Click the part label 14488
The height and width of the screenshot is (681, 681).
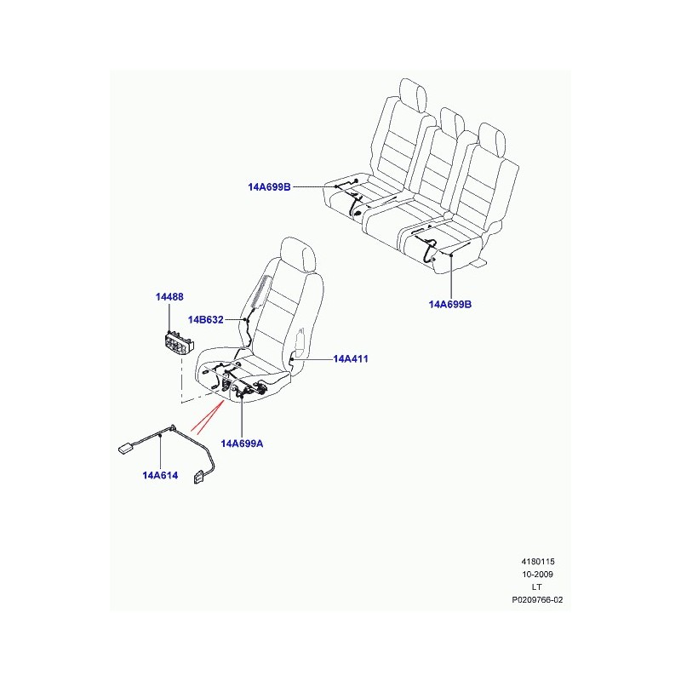169,297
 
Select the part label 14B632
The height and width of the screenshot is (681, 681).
205,320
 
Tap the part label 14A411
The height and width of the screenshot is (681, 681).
351,358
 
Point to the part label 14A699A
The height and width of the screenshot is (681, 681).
242,444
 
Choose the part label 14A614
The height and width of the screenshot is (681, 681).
160,475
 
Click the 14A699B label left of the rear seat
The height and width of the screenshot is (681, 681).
269,187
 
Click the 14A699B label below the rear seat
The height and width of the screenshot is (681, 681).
450,304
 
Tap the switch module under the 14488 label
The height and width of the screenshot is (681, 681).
179,343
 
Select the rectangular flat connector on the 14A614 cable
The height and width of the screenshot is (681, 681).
126,449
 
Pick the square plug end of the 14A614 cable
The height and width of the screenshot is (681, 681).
199,477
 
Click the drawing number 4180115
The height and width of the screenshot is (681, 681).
538,562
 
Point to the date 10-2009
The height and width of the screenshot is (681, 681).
538,574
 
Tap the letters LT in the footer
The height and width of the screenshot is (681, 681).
537,587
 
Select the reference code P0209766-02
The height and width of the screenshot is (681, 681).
537,600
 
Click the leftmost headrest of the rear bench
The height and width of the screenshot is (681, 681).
413,95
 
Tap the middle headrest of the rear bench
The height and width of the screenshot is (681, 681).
451,122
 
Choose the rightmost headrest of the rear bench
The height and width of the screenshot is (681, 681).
492,138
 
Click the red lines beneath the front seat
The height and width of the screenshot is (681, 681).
208,417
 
